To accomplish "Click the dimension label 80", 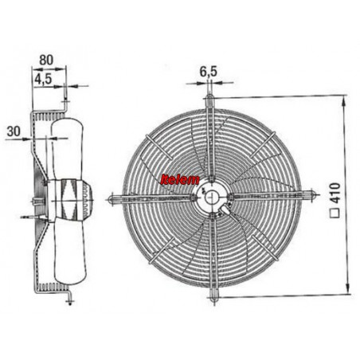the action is pyautogui.click(x=46, y=61).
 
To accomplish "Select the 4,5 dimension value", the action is pyautogui.click(x=43, y=79).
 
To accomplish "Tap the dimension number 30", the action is pyautogui.click(x=14, y=131).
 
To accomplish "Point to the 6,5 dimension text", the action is pyautogui.click(x=209, y=72).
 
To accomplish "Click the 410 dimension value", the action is pyautogui.click(x=335, y=194).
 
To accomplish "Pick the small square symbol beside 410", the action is pyautogui.click(x=335, y=213).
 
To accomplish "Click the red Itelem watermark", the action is pyautogui.click(x=180, y=180).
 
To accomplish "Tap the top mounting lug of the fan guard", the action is pyautogui.click(x=209, y=100).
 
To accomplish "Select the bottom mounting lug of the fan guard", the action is pyautogui.click(x=213, y=297).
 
